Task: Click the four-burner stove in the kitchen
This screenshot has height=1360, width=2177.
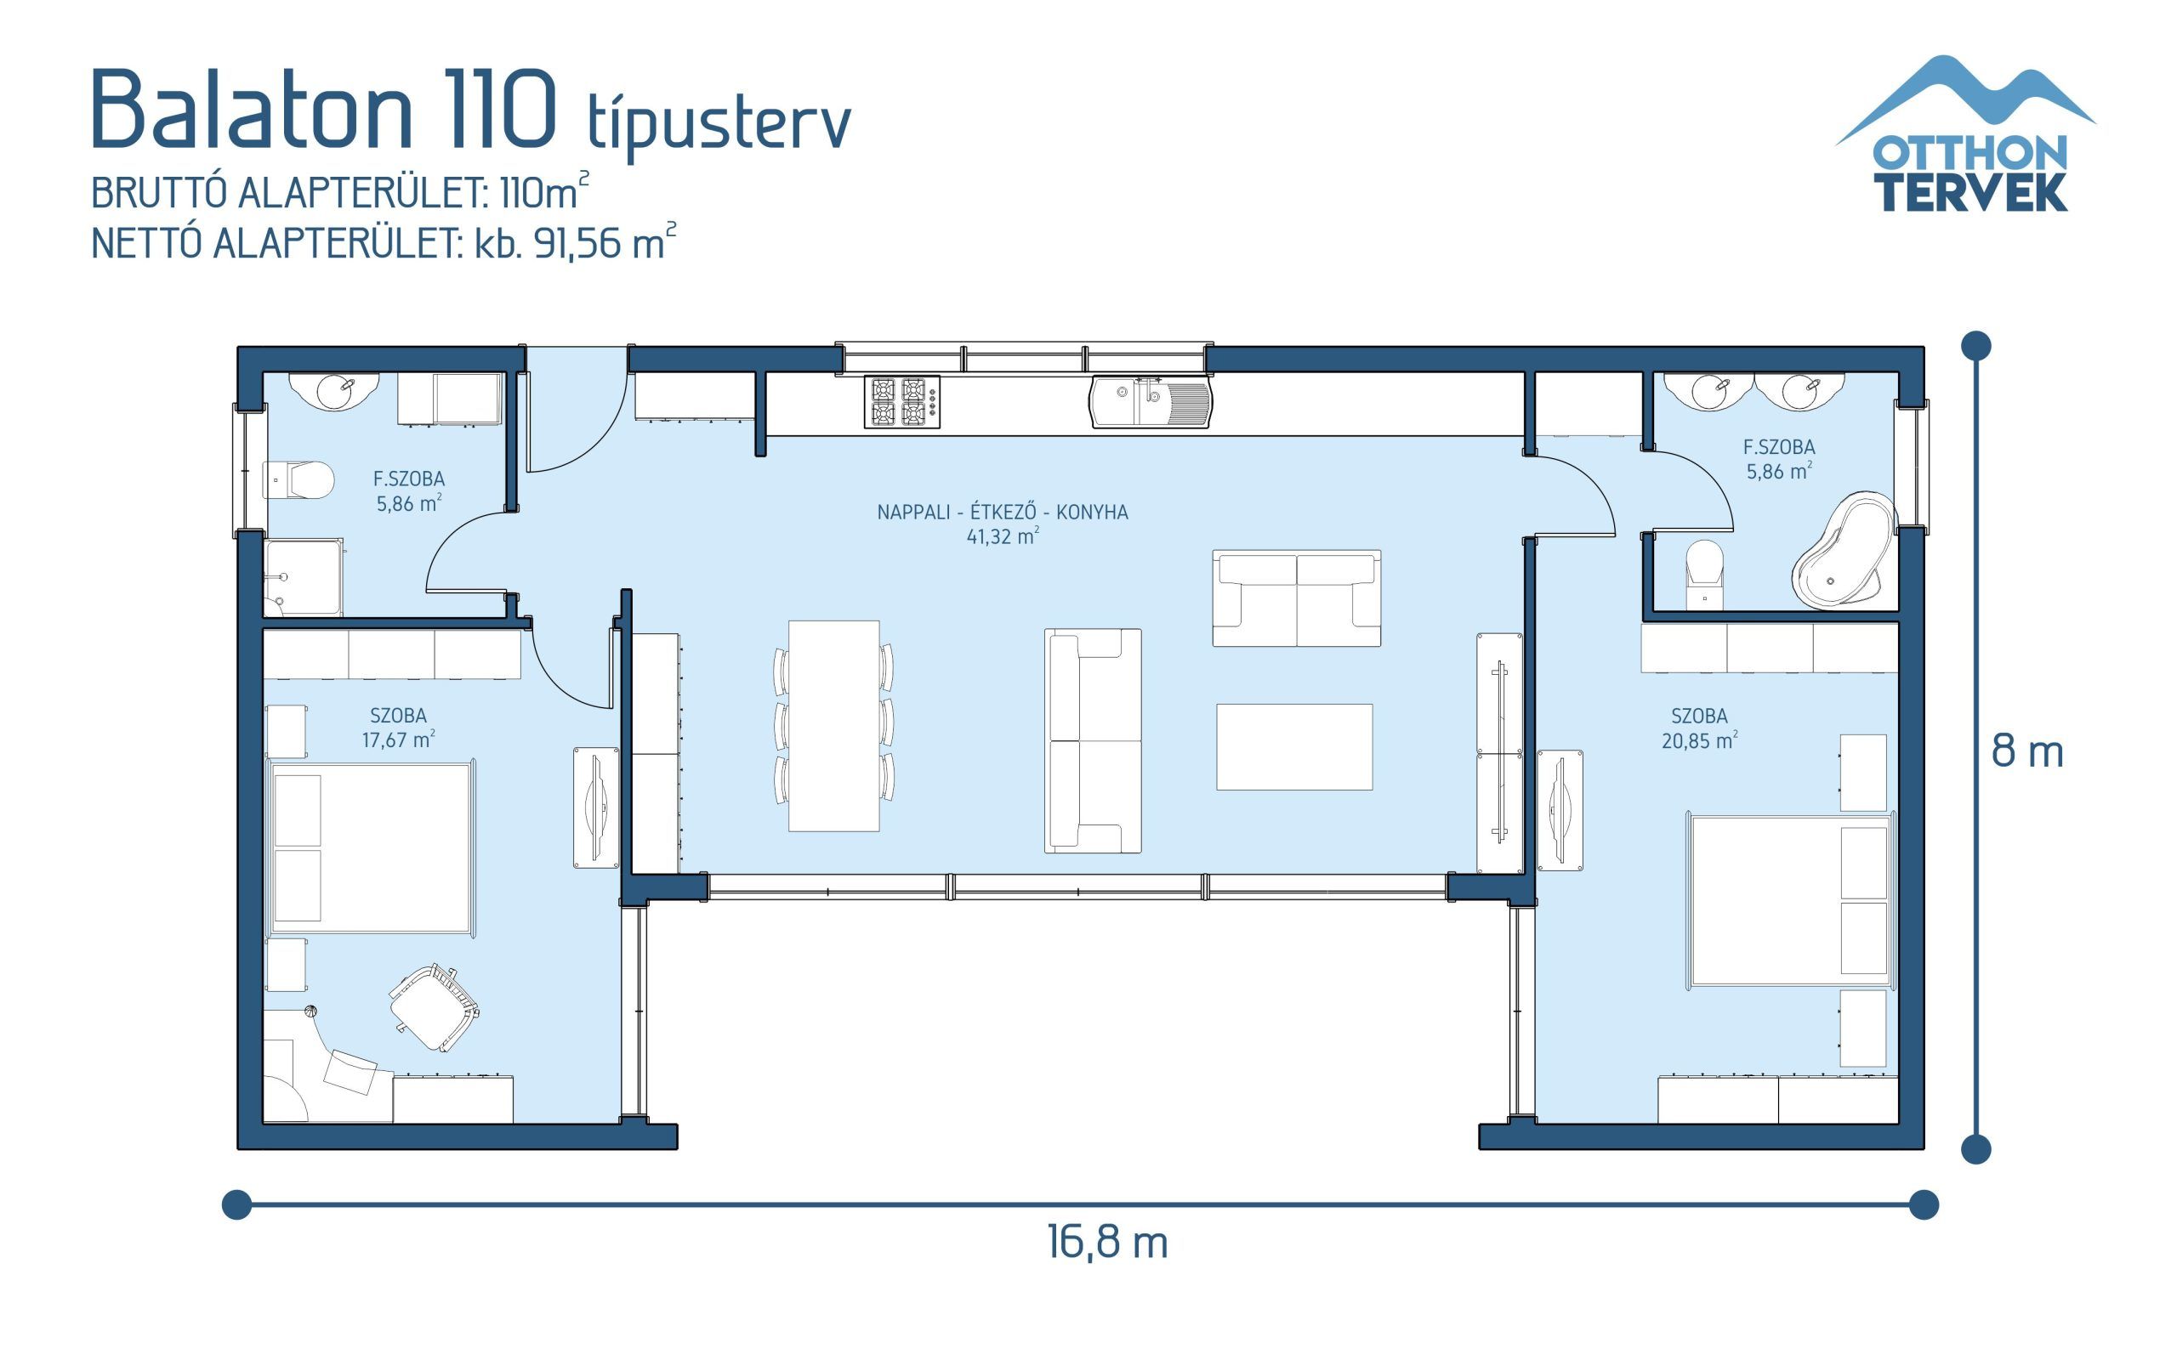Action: click(x=901, y=401)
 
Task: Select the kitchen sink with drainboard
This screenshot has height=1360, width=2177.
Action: click(x=1151, y=402)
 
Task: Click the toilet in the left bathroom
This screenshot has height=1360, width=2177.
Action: click(x=298, y=480)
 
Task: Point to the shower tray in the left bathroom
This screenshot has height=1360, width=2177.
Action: click(x=303, y=578)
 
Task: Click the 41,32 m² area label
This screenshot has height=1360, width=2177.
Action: click(x=1002, y=537)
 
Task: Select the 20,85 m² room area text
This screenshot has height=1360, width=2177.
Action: click(x=1698, y=741)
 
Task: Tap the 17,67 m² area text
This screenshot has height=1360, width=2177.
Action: click(x=398, y=740)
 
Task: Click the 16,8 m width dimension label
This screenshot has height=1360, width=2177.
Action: click(x=1106, y=1243)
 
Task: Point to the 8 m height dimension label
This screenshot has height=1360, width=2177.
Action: click(x=2026, y=752)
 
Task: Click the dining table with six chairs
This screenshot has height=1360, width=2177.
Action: click(x=833, y=725)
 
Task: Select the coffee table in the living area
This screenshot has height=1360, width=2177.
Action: click(x=1293, y=746)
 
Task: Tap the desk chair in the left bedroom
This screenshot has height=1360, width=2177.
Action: click(x=435, y=1006)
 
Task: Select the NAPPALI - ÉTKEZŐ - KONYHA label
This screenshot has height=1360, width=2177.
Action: click(x=1002, y=512)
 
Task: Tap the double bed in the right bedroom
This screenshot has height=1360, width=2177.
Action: click(x=1790, y=899)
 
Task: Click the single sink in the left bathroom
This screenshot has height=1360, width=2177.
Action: click(x=336, y=390)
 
